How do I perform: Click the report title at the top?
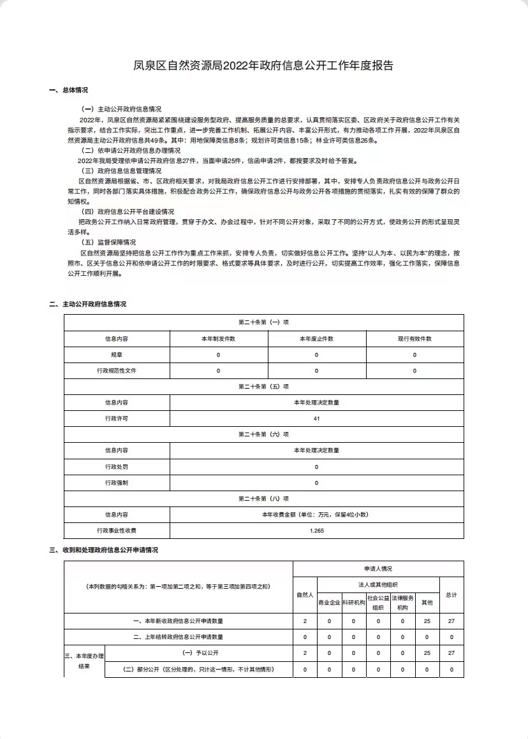[x=263, y=65]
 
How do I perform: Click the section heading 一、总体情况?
[x=68, y=90]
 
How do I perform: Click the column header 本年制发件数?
[x=218, y=339]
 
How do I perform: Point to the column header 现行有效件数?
[x=414, y=339]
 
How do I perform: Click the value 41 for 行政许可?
[x=316, y=419]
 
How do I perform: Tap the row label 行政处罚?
[x=116, y=467]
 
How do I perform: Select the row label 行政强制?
[x=116, y=483]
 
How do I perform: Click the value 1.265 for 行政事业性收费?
[x=316, y=531]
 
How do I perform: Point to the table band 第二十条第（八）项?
[x=263, y=499]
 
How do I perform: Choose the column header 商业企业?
[x=329, y=602]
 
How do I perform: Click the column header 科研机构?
[x=353, y=602]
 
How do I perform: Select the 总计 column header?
[x=451, y=594]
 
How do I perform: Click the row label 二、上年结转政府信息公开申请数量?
[x=178, y=636]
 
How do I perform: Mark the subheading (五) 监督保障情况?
[x=109, y=242]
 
